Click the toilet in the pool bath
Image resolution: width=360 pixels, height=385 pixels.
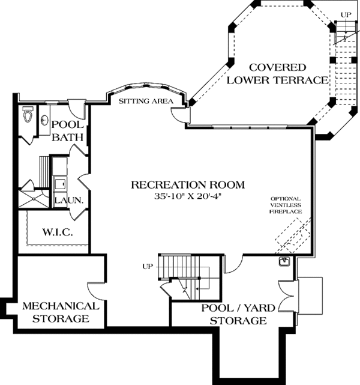[x=26, y=116]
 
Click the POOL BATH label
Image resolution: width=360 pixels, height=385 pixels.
[x=67, y=130]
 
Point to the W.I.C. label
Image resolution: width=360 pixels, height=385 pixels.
[x=58, y=232]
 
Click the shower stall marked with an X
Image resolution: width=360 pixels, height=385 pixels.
[x=33, y=199]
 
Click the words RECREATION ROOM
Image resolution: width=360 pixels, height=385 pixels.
[x=188, y=184]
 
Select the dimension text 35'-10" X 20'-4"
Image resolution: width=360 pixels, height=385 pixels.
[x=188, y=195]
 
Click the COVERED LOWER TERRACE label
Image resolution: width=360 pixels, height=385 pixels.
[x=278, y=73]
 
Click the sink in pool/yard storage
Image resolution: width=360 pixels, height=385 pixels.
[x=285, y=262]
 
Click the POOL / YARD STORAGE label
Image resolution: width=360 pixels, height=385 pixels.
[x=234, y=314]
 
